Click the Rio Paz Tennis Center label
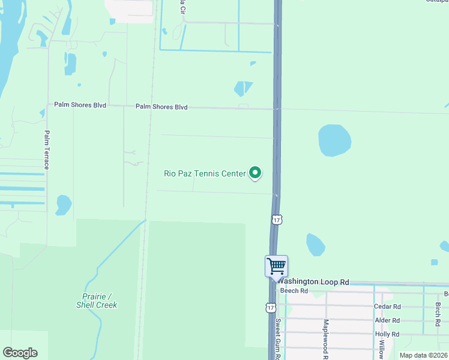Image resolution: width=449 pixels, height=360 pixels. [205, 173]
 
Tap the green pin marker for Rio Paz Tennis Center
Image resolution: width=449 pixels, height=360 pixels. [255, 173]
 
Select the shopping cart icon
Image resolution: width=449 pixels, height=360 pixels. [276, 266]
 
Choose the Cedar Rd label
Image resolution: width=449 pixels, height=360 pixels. [387, 306]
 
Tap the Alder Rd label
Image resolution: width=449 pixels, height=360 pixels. [387, 320]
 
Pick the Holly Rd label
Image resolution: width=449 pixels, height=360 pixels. [387, 334]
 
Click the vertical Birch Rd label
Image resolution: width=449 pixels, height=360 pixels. [438, 310]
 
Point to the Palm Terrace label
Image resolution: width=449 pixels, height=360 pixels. [46, 149]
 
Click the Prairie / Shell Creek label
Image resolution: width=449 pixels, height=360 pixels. [97, 301]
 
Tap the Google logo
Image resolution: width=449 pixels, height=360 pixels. [20, 353]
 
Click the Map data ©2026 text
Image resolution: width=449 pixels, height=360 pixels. [423, 355]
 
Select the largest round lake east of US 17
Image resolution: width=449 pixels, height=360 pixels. [334, 139]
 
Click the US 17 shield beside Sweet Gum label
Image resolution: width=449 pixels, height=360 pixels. [271, 307]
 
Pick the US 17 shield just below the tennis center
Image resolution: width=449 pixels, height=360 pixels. [276, 220]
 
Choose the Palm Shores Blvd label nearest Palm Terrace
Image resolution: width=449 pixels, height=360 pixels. [80, 105]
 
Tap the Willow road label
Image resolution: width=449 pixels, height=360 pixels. [381, 349]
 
